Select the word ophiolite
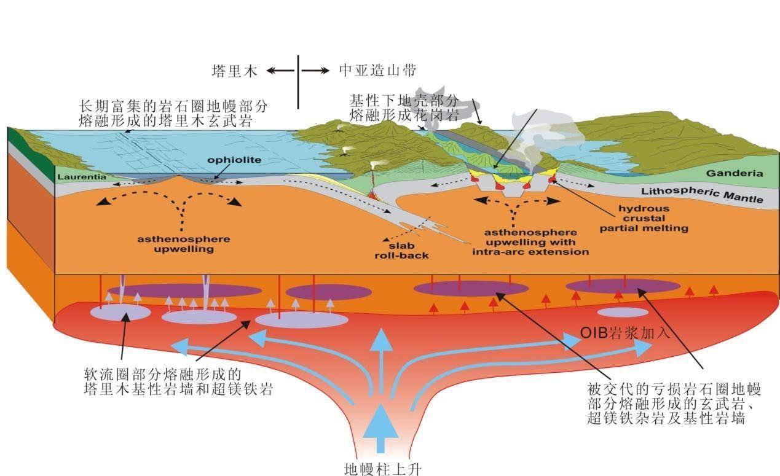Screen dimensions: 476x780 tap(226, 160)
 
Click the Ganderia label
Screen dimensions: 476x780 tap(734, 173)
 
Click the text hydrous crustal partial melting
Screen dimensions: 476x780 tap(644, 218)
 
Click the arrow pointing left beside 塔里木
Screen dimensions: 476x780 tap(280, 71)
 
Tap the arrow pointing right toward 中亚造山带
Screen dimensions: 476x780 tap(316, 71)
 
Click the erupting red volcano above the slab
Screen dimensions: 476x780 tap(373, 187)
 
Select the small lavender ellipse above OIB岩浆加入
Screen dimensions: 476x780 tap(623, 312)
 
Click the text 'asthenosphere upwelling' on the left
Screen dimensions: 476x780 tap(183, 244)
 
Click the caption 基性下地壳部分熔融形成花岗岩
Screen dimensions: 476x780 tap(404, 107)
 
